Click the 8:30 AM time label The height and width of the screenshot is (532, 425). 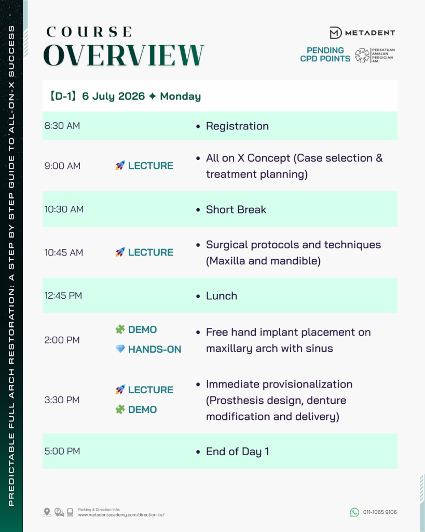point(62,126)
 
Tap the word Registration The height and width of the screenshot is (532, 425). point(237,126)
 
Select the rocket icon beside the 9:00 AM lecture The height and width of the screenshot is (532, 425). point(120,166)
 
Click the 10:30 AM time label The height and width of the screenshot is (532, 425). point(64,209)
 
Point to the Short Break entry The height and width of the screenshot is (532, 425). point(236,210)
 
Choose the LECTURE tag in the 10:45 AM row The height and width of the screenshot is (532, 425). point(150,252)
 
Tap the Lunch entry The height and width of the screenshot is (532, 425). point(221,296)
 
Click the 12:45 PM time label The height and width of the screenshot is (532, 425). point(63,296)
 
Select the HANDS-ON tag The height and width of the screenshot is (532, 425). point(155,349)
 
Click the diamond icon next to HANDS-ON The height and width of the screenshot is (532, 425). point(120,349)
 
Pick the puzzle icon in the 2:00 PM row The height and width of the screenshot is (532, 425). point(120,329)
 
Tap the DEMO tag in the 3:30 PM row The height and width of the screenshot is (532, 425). point(142,409)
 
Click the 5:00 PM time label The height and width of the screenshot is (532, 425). point(62,451)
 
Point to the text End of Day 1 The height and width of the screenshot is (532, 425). point(237,451)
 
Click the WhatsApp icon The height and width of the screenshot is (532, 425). point(354,512)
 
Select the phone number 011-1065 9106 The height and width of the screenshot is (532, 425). point(380,512)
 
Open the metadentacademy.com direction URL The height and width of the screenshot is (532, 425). point(121,515)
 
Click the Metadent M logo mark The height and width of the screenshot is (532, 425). point(336,33)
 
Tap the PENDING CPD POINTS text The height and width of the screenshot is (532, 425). point(325,55)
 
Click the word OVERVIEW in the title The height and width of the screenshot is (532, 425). point(124,55)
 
